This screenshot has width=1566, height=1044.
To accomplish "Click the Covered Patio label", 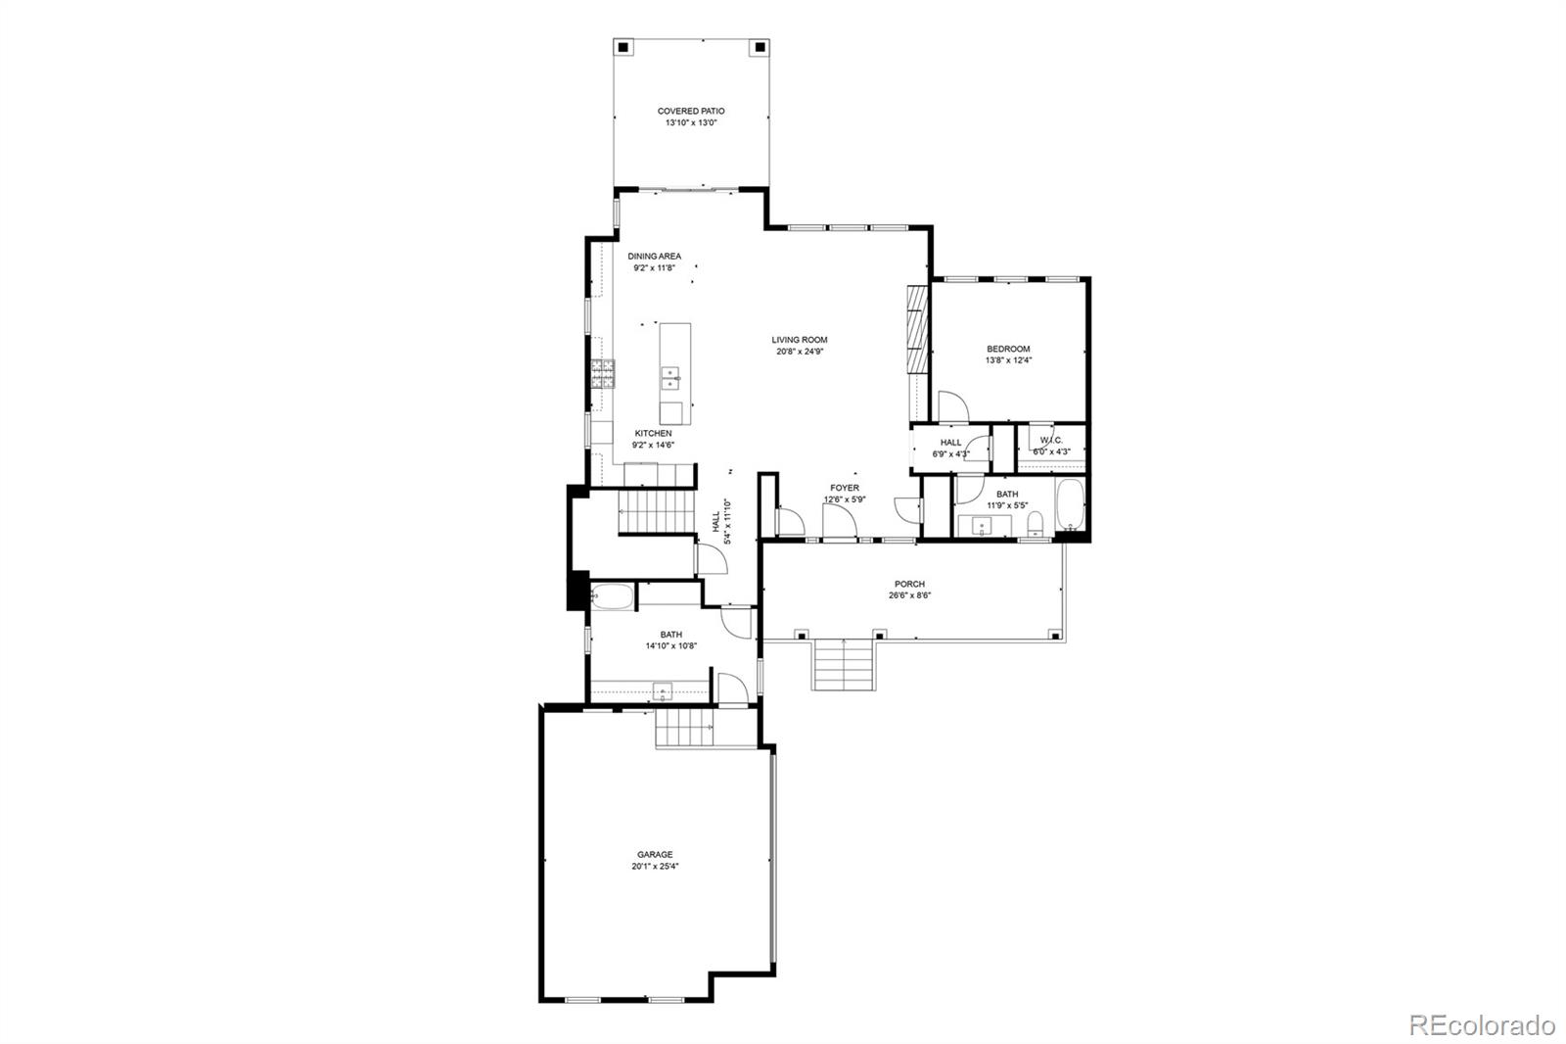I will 691,112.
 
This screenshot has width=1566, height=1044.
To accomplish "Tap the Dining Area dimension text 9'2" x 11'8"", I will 655,267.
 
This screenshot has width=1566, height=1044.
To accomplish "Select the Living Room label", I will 799,340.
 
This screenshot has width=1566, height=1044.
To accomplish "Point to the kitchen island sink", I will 670,374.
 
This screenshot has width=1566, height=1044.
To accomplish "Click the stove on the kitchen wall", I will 602,373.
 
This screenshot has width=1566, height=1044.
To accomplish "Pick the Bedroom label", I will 1008,349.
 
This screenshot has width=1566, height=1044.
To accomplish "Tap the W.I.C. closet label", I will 1051,441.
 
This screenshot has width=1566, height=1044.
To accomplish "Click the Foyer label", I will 845,488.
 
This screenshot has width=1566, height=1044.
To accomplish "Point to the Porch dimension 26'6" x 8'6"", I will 909,595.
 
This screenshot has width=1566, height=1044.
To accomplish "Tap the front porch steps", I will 844,663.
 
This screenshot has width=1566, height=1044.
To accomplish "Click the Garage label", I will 655,854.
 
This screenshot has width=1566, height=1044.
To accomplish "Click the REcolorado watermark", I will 1482,1025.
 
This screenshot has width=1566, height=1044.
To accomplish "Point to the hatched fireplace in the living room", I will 916,329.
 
